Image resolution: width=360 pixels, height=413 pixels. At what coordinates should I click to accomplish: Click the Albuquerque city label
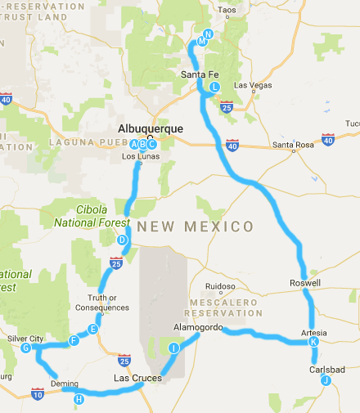pos(152,128)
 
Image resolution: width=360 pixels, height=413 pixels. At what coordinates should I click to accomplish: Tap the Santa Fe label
pos(197,75)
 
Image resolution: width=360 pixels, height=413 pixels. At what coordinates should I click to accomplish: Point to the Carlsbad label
pos(326,369)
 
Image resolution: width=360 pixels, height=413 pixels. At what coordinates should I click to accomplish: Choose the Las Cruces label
pos(136,378)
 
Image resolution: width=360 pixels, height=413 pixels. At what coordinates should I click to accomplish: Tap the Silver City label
pos(25,338)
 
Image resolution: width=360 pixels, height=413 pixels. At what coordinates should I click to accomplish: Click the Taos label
pos(227,10)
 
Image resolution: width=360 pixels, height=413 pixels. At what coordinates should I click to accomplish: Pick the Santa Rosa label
pos(293,145)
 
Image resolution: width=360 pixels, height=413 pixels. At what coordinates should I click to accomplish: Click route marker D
pos(122,240)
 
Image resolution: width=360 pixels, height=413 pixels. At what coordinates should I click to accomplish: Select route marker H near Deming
pos(79,399)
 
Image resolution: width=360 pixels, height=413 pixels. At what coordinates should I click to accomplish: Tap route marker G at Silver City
pos(26,348)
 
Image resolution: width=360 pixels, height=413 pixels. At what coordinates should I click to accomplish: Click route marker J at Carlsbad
pos(325,379)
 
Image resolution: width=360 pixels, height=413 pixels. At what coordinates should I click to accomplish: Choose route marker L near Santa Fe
pos(214,86)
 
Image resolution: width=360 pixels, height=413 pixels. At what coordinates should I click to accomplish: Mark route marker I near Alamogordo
pos(173,348)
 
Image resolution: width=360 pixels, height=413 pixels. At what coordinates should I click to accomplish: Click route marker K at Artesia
pos(313,342)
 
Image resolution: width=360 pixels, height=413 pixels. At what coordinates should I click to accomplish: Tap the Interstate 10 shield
pos(38,393)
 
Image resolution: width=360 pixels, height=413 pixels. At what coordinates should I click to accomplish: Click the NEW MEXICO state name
pos(195,226)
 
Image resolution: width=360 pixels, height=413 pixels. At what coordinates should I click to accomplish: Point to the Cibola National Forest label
pos(92,215)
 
